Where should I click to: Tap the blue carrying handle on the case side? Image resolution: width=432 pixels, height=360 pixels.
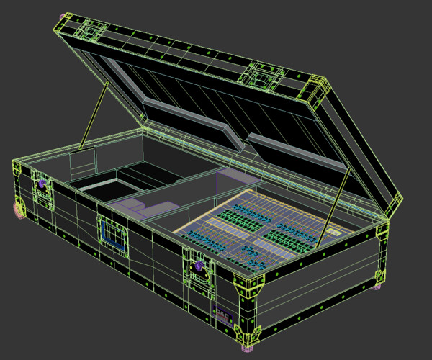point(111,234)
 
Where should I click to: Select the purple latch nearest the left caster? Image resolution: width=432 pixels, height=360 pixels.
point(42,185)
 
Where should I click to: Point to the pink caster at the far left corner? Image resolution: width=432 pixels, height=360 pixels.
point(19,208)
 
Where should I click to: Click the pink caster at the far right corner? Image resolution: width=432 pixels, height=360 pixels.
point(377,287)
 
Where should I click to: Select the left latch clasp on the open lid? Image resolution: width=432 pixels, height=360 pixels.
point(92,30)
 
